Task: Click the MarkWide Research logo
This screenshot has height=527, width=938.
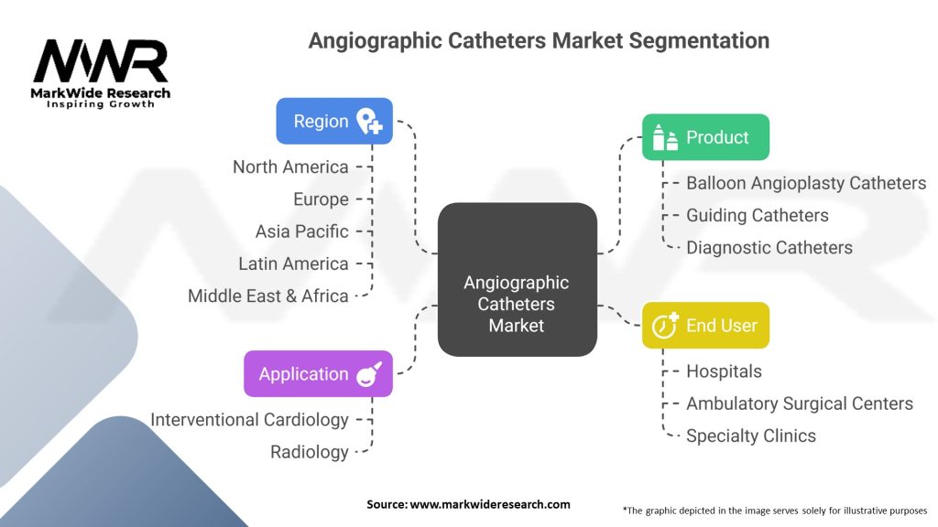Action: [101, 73]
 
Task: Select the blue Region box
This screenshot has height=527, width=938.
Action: [334, 121]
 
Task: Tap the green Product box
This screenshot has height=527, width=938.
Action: [705, 137]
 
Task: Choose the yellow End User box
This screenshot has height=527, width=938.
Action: [705, 325]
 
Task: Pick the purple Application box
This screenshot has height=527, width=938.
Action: [318, 373]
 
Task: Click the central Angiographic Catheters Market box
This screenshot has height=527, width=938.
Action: [517, 279]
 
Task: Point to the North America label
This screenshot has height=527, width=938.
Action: [290, 167]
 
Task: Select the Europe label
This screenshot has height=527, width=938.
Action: [321, 199]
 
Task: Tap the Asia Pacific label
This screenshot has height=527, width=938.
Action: [301, 231]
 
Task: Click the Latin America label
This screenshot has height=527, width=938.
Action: [293, 263]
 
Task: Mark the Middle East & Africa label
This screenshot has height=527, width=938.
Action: [267, 296]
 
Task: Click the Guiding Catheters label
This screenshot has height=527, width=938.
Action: [758, 215]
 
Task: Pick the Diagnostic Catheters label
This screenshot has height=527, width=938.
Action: [769, 247]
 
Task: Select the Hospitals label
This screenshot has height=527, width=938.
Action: [724, 371]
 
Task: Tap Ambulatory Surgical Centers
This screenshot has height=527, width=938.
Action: [800, 403]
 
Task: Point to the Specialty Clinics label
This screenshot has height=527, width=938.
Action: [751, 436]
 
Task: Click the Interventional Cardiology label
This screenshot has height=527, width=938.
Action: [249, 419]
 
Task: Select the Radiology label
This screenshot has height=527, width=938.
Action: [309, 451]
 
